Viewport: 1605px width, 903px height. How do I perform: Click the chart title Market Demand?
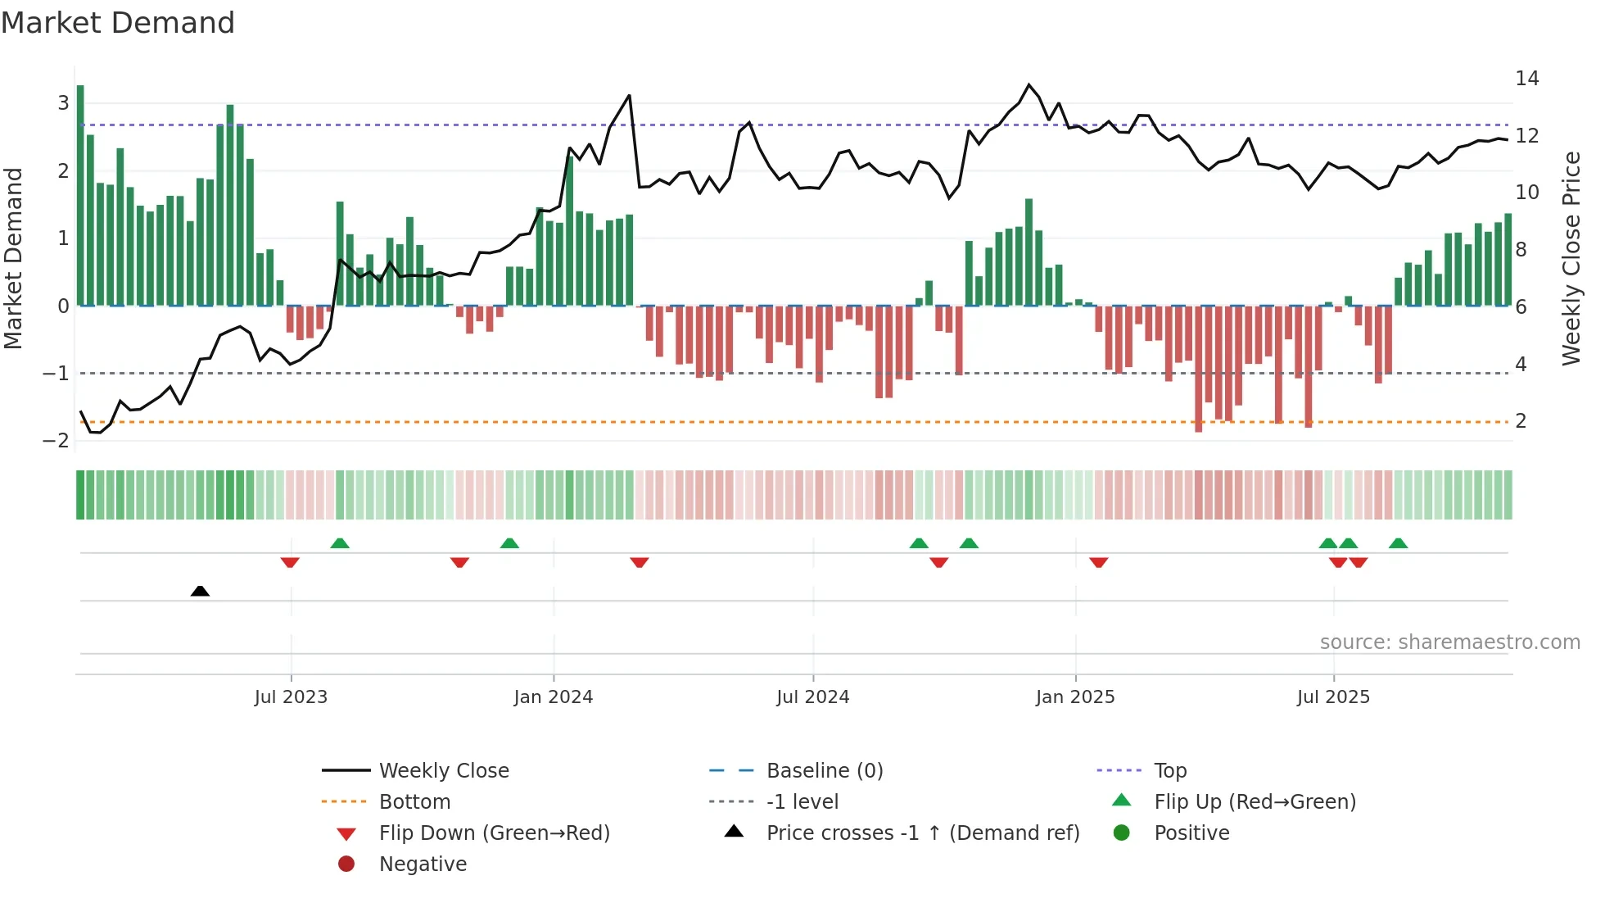click(x=118, y=23)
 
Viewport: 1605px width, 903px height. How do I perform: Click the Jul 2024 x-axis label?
click(x=812, y=697)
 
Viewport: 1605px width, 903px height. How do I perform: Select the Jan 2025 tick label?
click(x=1074, y=697)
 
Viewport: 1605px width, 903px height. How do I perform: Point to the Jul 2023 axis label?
click(x=291, y=697)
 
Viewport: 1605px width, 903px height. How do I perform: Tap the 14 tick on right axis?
click(x=1526, y=79)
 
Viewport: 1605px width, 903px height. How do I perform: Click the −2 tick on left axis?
click(x=56, y=441)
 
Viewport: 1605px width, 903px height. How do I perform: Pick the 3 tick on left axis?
click(x=63, y=103)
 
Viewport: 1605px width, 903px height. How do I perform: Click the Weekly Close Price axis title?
click(x=1571, y=258)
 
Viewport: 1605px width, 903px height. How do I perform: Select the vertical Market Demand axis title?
click(x=14, y=258)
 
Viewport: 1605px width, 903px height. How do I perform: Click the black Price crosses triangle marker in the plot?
click(x=200, y=591)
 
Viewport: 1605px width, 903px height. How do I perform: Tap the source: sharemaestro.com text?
click(x=1449, y=642)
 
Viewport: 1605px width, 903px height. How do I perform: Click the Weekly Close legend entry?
click(x=443, y=771)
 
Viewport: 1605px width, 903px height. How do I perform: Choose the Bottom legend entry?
click(x=414, y=802)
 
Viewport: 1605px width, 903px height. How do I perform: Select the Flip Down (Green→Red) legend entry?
click(x=494, y=833)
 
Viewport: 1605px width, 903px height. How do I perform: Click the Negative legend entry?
click(x=423, y=864)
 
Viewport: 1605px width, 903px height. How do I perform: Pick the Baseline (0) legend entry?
click(x=824, y=771)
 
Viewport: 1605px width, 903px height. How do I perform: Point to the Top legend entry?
click(x=1169, y=771)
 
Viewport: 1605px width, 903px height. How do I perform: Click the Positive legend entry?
click(x=1191, y=833)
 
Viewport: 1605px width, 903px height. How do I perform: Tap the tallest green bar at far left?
click(x=80, y=197)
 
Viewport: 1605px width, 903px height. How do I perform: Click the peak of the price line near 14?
click(x=1029, y=84)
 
